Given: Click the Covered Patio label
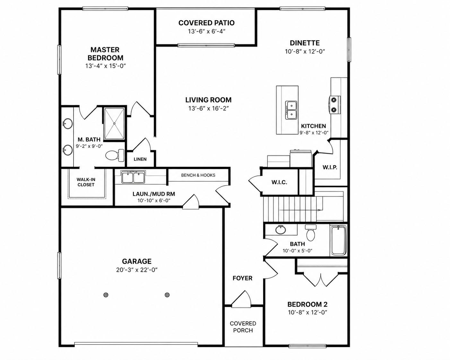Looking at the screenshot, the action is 206,23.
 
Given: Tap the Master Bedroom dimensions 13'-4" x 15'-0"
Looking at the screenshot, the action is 105,66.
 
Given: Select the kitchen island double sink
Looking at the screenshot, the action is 291,110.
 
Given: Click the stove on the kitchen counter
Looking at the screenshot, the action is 335,105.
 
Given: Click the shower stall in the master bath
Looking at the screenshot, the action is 114,124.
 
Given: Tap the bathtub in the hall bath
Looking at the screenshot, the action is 338,240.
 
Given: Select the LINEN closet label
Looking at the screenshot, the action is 140,159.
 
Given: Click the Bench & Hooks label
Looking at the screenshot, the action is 198,175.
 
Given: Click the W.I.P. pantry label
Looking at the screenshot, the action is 330,167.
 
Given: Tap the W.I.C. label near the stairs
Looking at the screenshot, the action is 279,182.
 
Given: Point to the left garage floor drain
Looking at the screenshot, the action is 106,295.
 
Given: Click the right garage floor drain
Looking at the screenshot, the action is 167,295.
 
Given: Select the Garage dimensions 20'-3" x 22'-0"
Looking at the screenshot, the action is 137,270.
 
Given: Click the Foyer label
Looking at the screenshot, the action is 243,278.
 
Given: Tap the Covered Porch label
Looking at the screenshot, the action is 243,327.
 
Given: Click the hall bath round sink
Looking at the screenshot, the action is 281,230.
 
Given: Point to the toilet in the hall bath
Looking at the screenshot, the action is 310,233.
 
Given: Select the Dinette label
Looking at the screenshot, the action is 305,43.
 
